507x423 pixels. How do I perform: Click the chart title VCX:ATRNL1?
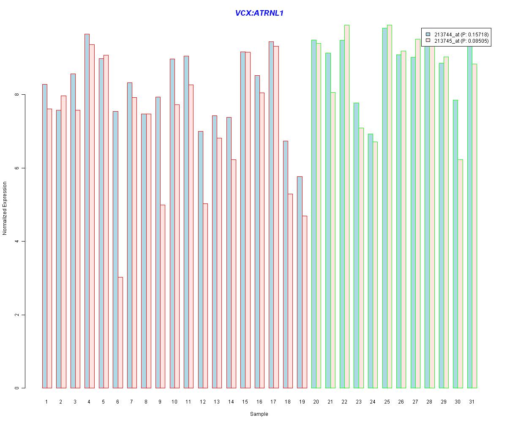click(x=259, y=13)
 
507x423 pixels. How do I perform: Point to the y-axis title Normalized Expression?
click(x=5, y=208)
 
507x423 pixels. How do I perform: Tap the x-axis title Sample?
click(x=259, y=414)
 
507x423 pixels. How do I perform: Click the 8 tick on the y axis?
click(x=16, y=95)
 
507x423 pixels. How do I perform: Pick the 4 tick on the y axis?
click(x=16, y=242)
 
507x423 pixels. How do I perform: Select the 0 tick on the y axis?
click(x=16, y=388)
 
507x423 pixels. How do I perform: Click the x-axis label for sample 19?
click(x=302, y=401)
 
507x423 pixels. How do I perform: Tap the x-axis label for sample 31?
click(x=472, y=401)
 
